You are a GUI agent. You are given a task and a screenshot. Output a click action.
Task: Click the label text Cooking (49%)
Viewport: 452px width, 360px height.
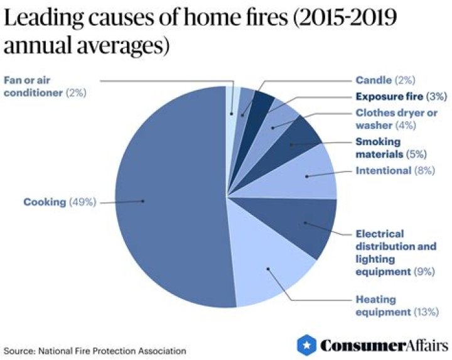pos(59,202)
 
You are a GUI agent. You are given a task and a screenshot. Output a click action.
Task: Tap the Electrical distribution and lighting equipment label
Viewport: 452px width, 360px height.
pos(395,253)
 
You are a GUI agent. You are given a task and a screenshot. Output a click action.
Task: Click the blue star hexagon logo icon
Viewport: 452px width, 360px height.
pos(306,344)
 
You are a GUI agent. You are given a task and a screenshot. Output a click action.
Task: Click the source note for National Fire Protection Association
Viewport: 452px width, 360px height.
pos(95,350)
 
